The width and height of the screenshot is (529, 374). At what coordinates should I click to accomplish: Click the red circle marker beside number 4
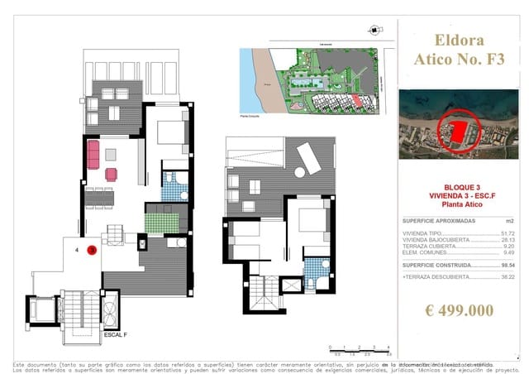[x=92, y=249]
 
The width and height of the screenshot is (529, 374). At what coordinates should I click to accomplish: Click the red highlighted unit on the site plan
[x=358, y=99]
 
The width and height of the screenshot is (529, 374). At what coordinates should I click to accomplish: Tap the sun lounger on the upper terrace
[x=308, y=157]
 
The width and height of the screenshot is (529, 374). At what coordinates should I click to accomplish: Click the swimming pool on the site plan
[x=312, y=85]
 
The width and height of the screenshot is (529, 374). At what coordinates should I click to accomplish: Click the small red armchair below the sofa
[x=111, y=174]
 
